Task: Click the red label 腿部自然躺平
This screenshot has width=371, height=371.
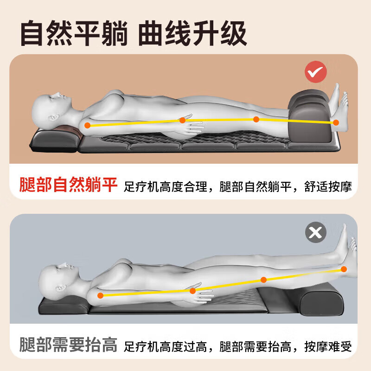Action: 68,184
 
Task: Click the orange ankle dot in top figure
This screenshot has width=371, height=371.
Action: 336,122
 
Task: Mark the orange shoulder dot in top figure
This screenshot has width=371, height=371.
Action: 87,125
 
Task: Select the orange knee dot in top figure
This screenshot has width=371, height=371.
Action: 256,119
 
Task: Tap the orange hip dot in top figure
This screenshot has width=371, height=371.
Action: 182,120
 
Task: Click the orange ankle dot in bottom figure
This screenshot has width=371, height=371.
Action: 344,269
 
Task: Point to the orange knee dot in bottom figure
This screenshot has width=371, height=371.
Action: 263,280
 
